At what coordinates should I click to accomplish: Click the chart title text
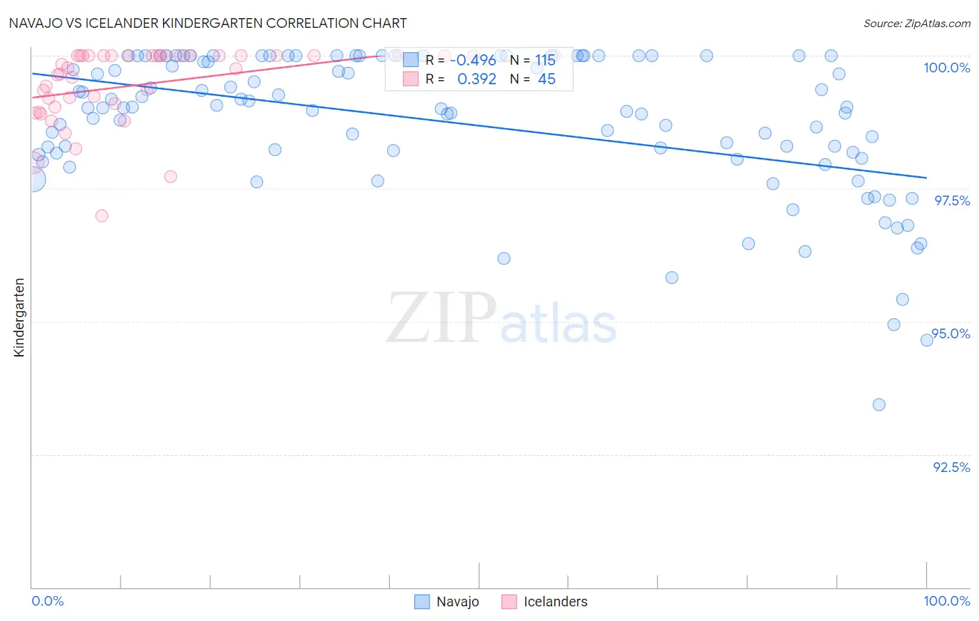tap(207, 23)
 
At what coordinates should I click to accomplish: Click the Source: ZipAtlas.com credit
tap(916, 23)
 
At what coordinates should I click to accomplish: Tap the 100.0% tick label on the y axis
tap(946, 68)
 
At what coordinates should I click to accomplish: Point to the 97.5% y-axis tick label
tap(951, 201)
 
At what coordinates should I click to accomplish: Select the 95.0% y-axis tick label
tap(950, 333)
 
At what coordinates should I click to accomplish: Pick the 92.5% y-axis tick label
tap(951, 467)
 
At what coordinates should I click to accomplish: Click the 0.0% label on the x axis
tap(48, 601)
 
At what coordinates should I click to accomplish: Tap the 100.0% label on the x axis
tap(946, 601)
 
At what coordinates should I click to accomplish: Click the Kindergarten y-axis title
tap(19, 317)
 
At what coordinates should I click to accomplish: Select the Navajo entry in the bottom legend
tap(457, 602)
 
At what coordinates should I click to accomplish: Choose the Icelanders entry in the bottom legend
tap(555, 602)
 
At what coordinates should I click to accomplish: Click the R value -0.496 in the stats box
tap(473, 61)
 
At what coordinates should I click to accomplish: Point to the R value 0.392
tap(476, 79)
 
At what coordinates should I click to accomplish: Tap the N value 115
tap(545, 61)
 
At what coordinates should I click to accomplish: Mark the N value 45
tap(547, 79)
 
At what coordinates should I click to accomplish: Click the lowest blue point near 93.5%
tap(879, 404)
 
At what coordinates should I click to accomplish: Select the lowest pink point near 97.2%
tap(102, 216)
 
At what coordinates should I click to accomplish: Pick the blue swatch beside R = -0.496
tap(411, 61)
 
